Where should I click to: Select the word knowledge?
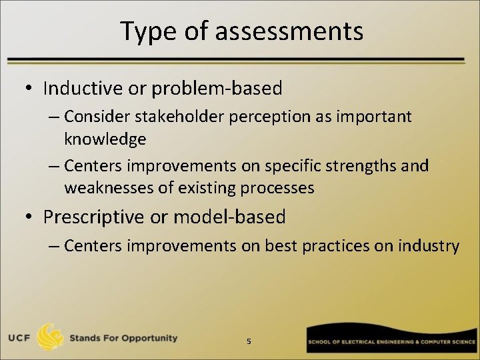pyautogui.click(x=105, y=139)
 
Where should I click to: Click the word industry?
pyautogui.click(x=429, y=246)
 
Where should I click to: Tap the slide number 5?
pyautogui.click(x=249, y=341)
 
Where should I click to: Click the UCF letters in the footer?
pyautogui.click(x=20, y=338)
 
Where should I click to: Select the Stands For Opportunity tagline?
pyautogui.click(x=123, y=338)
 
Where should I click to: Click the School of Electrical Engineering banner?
pyautogui.click(x=392, y=341)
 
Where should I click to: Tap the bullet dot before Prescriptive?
pyautogui.click(x=29, y=217)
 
